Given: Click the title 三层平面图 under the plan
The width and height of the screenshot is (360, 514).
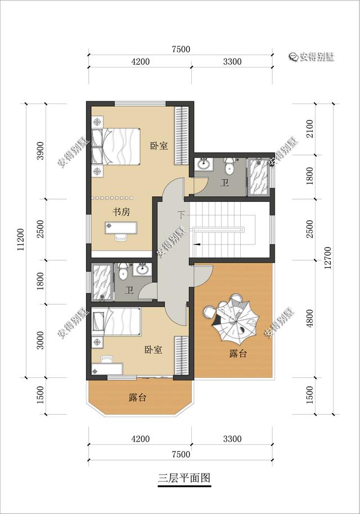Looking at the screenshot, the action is tap(184, 477).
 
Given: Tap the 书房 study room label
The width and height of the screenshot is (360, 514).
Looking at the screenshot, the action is tap(121, 212).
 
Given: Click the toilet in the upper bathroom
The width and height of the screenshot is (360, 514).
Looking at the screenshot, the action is tap(229, 166).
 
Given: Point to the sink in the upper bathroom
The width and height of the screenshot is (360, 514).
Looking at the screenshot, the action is tap(204, 164).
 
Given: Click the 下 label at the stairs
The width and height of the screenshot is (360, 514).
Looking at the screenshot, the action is tap(181, 215).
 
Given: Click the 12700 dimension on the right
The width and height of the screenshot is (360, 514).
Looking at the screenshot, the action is tap(328, 258).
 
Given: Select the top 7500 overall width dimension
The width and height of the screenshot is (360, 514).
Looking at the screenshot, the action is tap(181, 49).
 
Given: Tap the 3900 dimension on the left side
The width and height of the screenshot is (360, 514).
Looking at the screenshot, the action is tap(40, 151).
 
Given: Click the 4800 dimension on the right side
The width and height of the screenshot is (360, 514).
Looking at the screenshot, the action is tap(310, 318).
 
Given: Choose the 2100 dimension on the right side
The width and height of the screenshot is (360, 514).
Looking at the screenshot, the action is tap(310, 129).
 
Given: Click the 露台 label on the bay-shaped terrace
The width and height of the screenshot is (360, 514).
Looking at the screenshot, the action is tap(137, 398).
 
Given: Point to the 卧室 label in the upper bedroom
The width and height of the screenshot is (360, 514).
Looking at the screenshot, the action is tap(159, 146).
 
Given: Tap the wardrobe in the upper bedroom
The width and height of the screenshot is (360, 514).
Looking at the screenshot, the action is tap(181, 136).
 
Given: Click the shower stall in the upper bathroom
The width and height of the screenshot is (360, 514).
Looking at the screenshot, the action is tap(259, 177).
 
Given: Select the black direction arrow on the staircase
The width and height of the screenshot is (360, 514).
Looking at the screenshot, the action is tap(197, 244).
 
